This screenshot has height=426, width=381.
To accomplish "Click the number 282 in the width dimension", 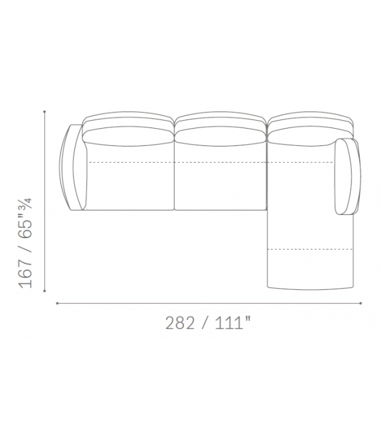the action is click(180, 322).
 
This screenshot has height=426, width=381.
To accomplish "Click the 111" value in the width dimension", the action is click(232, 322).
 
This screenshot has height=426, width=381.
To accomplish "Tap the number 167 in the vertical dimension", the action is click(25, 273).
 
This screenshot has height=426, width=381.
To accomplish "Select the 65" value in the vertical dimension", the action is click(25, 226).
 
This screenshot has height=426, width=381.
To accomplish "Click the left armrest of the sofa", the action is click(71, 167).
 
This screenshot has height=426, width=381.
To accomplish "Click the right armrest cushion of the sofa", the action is click(348, 177).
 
